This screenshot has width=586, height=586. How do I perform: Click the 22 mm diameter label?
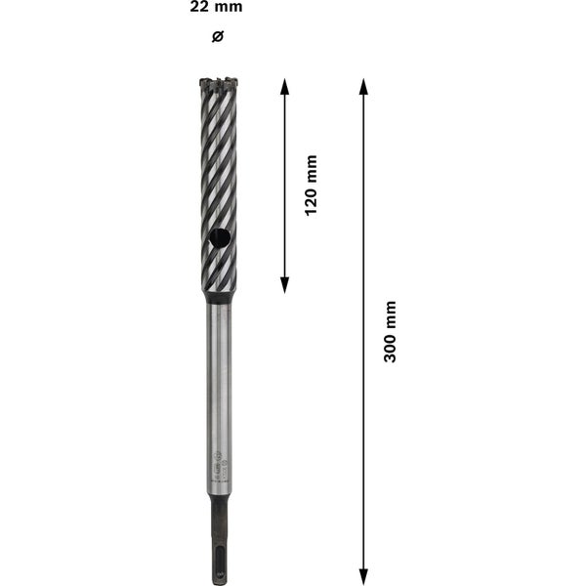(x=217, y=8)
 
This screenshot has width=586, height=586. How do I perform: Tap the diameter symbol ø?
(x=218, y=37)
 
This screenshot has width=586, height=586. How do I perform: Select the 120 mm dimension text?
(x=312, y=185)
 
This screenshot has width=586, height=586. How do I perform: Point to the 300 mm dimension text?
(x=390, y=332)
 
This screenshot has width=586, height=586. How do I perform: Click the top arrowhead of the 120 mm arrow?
(x=285, y=86)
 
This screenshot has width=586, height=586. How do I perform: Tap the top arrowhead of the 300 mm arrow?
(x=363, y=86)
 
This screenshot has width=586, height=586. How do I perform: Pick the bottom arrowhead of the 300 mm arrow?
(x=363, y=576)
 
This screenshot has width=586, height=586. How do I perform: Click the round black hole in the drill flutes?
(x=220, y=236)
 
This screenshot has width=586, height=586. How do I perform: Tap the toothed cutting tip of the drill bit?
(x=219, y=85)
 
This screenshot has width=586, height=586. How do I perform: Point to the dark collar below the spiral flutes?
(x=219, y=295)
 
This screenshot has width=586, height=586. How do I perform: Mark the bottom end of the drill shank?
(x=219, y=580)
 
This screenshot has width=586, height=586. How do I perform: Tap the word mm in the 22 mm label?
(x=230, y=8)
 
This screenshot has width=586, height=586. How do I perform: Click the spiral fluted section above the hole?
(x=219, y=156)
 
